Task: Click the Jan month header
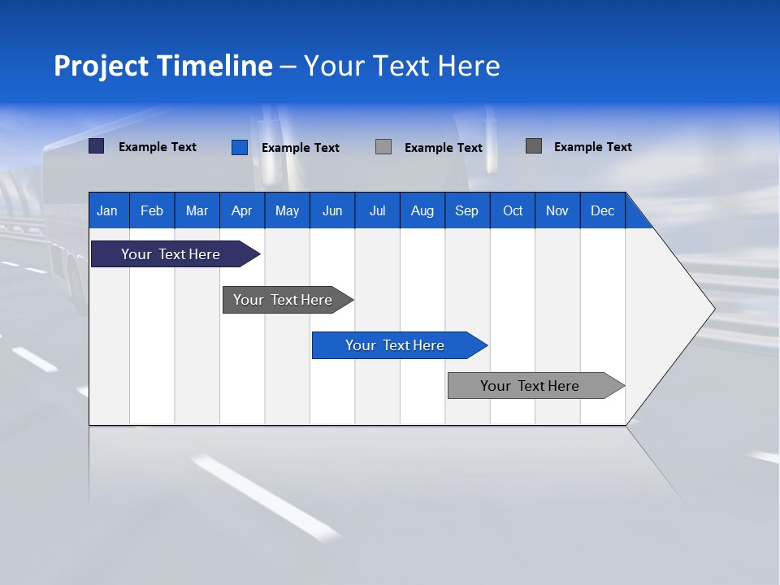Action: pyautogui.click(x=108, y=210)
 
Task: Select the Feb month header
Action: pyautogui.click(x=152, y=210)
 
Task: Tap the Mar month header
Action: pyautogui.click(x=197, y=210)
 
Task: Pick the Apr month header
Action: pyautogui.click(x=242, y=210)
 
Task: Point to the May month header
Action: pyautogui.click(x=287, y=210)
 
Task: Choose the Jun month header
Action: pyautogui.click(x=332, y=210)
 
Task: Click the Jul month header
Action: pyautogui.click(x=377, y=210)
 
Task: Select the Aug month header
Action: pyautogui.click(x=422, y=210)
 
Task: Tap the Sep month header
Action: pyautogui.click(x=467, y=210)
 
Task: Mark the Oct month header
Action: pyautogui.click(x=513, y=210)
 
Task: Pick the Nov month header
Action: pyautogui.click(x=557, y=210)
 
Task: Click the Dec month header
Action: pyautogui.click(x=603, y=210)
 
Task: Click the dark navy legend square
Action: pyautogui.click(x=97, y=146)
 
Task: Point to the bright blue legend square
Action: pyautogui.click(x=240, y=147)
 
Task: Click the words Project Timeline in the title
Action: pyautogui.click(x=163, y=66)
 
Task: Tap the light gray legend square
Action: pyautogui.click(x=383, y=146)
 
